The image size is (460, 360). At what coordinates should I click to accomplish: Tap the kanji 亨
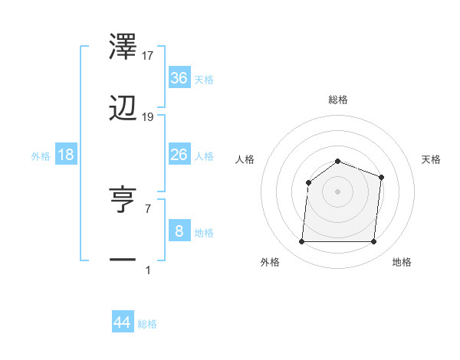pos(123,198)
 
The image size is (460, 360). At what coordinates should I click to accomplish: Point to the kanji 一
pos(123,261)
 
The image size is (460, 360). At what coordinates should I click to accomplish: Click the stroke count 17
pos(148,55)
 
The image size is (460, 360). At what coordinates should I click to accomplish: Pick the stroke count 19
pos(148,117)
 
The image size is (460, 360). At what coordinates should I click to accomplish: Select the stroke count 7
pos(147,208)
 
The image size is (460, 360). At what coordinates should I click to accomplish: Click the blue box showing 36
pos(179,78)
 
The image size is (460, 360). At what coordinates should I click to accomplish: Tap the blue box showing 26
pos(179,155)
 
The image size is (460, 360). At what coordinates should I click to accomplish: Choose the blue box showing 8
pos(179,231)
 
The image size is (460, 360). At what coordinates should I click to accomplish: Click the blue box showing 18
pos(66,155)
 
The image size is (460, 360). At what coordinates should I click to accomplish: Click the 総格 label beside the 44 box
pos(147,324)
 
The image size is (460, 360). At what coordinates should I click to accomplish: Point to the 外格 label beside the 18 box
pos(41,156)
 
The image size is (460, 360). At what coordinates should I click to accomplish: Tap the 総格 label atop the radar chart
pos(338,100)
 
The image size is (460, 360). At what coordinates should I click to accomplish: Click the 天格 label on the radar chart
pos(432,159)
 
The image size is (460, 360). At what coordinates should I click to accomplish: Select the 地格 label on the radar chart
pos(402,262)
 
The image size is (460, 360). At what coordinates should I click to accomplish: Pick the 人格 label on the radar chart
pos(245,159)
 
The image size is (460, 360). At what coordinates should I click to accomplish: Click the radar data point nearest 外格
pos(301,242)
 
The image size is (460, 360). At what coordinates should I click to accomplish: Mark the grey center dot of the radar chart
pos(337,191)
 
